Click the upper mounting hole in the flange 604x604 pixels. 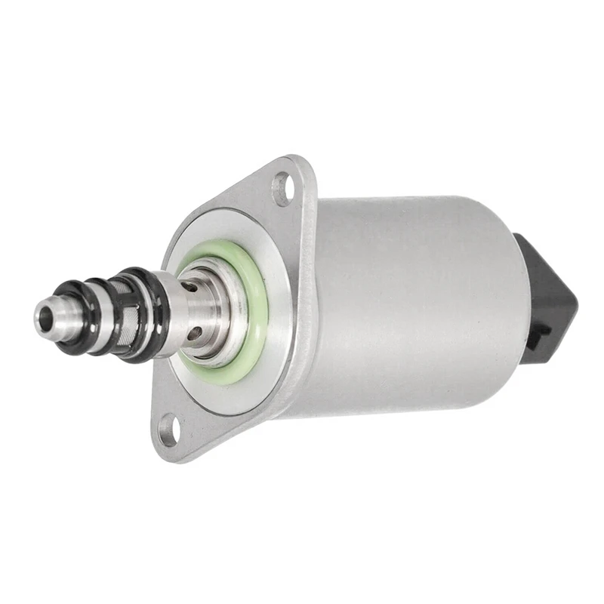pos(283,187)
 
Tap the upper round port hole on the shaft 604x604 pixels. pos(196,285)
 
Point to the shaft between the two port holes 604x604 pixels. pos(198,310)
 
